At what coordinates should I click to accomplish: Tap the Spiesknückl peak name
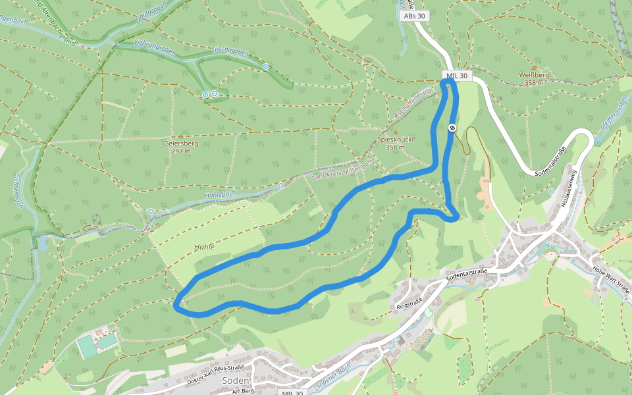point(395,140)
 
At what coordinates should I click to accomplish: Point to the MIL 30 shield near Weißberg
point(456,76)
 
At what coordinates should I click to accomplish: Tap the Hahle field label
point(204,247)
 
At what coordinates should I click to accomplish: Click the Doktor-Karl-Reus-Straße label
point(215,375)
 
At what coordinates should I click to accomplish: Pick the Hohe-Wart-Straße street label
point(612,280)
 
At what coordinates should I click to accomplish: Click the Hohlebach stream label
point(221,195)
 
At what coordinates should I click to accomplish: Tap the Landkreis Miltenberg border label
point(342,169)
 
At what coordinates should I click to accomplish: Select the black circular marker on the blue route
point(452,128)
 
